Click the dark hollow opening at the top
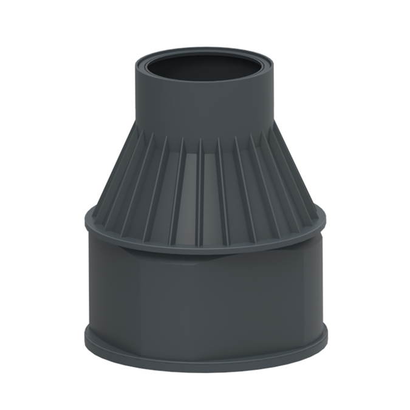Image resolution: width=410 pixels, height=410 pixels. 205,68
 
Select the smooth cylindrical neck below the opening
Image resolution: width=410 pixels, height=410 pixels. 205,109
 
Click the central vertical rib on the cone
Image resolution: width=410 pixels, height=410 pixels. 200,188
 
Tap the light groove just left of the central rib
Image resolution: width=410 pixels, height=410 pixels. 190,188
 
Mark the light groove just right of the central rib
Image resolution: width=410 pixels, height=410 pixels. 211,188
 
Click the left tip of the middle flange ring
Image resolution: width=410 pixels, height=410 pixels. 86,219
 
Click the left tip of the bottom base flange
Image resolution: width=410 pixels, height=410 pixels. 84,336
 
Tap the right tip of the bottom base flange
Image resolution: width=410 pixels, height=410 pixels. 327,336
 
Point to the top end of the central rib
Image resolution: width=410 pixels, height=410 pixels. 201,140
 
